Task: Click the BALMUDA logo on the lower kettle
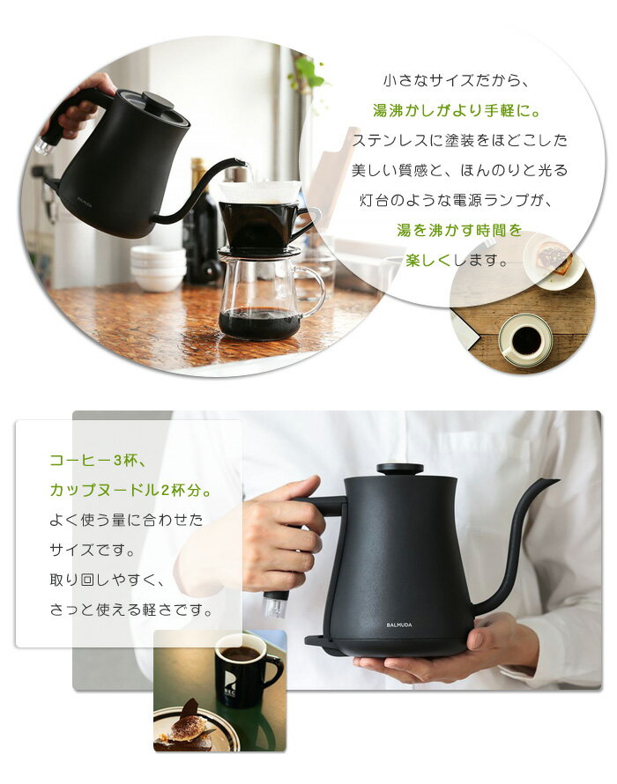(x=398, y=625)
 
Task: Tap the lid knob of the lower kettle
(x=399, y=469)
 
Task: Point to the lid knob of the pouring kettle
(x=158, y=100)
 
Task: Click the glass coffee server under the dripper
(x=261, y=300)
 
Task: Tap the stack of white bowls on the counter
(x=158, y=269)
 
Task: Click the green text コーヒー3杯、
(x=93, y=460)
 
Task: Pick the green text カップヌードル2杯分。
(x=130, y=490)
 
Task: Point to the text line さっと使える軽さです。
(x=131, y=610)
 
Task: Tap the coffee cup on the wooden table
(x=525, y=340)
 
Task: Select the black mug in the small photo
(x=244, y=670)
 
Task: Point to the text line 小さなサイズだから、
(x=453, y=80)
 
